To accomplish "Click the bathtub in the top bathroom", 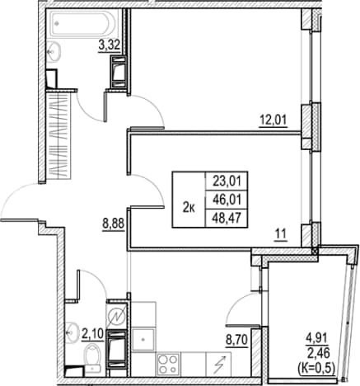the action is (82, 23).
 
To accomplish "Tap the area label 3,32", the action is (109, 45).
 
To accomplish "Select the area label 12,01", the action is (273, 120).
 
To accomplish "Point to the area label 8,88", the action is (114, 224).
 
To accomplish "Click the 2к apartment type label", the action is (189, 208).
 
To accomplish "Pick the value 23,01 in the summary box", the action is (227, 181).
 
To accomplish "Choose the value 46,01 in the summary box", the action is (227, 200).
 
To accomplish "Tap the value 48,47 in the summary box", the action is (227, 218).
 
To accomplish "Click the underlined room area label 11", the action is (281, 234).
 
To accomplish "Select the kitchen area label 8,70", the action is (236, 340).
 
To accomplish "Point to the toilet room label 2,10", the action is (92, 334).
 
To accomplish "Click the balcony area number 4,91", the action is (317, 339).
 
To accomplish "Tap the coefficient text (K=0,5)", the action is (316, 366).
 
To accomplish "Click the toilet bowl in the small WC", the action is (92, 355).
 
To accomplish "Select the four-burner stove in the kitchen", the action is (167, 364).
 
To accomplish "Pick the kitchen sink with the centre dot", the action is (143, 340).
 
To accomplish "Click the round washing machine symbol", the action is (116, 316).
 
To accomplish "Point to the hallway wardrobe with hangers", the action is (58, 136).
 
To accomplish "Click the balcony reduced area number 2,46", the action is (318, 353).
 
